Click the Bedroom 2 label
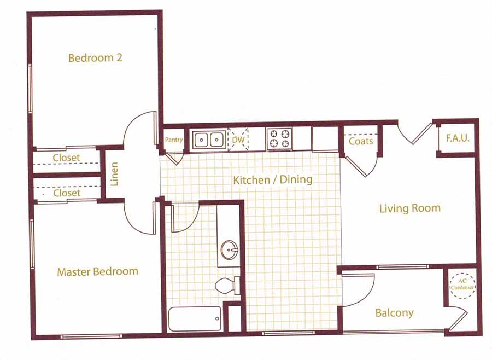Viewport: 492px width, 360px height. click(x=95, y=58)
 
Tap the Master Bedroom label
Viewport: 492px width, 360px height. click(x=97, y=271)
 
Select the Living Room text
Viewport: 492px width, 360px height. click(x=409, y=208)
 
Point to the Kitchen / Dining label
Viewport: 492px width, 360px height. click(x=273, y=180)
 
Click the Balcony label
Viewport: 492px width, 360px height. click(x=394, y=313)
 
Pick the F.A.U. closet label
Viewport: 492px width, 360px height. click(x=457, y=139)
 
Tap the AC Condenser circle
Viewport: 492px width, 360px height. click(x=462, y=284)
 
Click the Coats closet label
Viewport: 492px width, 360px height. click(x=361, y=141)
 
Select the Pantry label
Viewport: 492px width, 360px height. click(x=174, y=141)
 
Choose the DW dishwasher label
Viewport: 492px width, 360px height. click(x=238, y=140)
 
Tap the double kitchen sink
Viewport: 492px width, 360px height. click(x=208, y=140)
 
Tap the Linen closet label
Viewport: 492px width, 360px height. click(x=115, y=174)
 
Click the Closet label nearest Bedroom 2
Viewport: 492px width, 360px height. click(x=66, y=158)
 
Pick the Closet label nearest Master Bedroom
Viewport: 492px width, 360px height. click(x=66, y=193)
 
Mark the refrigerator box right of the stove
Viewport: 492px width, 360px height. click(x=325, y=139)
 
